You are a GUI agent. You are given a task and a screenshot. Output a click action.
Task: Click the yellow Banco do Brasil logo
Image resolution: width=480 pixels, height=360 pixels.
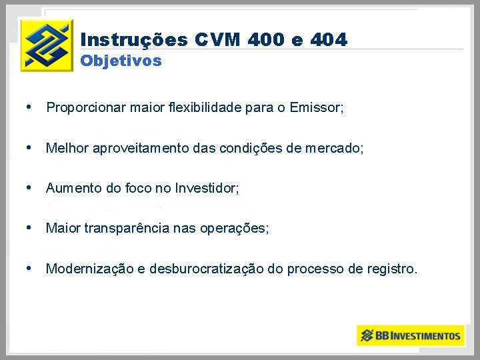tap(46, 45)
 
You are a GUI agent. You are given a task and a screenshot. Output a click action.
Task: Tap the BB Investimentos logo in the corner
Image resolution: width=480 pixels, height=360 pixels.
tap(410, 335)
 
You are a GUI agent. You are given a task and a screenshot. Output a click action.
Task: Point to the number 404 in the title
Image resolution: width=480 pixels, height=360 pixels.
tap(329, 40)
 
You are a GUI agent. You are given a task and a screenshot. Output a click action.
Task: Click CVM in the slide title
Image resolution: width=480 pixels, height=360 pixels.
tap(217, 40)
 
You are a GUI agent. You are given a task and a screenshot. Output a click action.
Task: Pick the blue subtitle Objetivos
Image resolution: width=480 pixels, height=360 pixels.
tap(121, 61)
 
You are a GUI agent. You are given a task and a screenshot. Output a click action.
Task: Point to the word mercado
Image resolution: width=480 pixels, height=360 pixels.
tap(337, 148)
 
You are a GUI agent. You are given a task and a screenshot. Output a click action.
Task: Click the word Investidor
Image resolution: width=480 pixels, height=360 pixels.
tap(207, 188)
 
